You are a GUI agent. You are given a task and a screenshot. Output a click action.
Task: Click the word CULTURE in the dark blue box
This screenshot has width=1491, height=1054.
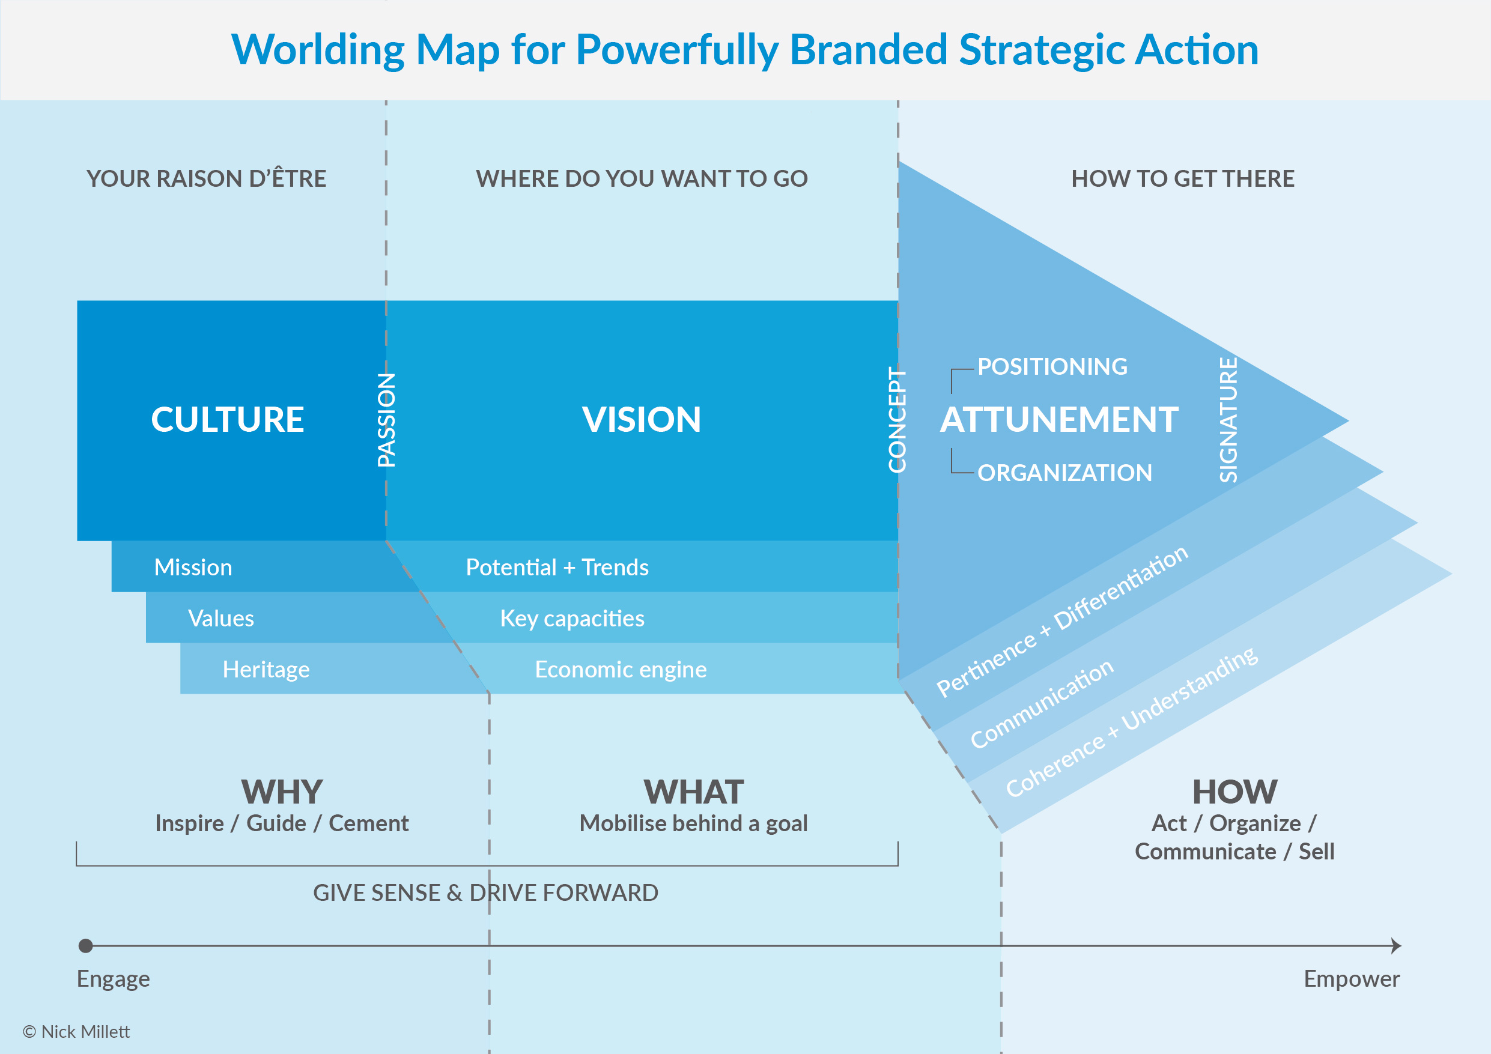[227, 420]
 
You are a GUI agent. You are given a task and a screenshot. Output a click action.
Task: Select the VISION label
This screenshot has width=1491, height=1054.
[641, 420]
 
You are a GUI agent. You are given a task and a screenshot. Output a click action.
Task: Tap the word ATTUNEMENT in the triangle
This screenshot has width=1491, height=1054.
[1059, 420]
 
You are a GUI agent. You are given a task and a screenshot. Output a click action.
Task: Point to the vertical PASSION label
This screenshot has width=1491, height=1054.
[386, 420]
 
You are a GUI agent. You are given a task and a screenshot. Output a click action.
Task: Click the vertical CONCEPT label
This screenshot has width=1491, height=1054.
[897, 420]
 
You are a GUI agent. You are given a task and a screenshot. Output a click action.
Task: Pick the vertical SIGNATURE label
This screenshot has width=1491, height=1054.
[1228, 420]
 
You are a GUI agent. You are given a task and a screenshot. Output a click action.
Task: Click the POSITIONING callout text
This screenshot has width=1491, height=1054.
[1052, 367]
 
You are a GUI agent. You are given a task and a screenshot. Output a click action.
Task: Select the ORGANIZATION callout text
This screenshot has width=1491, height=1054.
[1064, 473]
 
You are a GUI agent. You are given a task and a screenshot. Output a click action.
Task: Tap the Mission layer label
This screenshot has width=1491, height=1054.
[193, 568]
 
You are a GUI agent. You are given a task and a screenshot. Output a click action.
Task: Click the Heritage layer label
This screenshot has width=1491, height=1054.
[266, 670]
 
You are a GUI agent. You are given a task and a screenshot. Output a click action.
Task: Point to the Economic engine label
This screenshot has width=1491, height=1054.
[620, 670]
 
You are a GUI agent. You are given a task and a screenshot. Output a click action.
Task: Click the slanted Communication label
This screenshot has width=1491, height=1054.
[1042, 703]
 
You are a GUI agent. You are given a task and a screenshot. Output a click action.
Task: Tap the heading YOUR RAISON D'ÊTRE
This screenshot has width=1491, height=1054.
[206, 178]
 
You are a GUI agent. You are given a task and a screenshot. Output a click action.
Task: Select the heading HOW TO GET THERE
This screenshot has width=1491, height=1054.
[1183, 178]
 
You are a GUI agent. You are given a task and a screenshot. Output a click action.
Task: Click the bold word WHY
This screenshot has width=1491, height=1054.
[281, 792]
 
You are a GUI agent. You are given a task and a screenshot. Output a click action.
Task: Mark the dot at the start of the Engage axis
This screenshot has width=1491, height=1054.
[86, 945]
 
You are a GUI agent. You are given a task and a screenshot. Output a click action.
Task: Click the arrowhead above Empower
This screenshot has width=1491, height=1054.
[1395, 945]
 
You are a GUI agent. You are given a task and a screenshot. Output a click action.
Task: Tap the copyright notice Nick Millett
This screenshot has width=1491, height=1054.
[77, 1032]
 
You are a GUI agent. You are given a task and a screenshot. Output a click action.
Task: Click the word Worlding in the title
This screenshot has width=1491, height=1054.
[318, 50]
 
